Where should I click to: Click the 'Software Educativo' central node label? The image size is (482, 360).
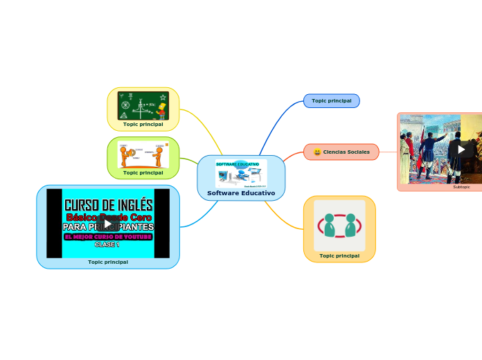pos(241,193)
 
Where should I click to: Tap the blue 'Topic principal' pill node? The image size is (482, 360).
pos(331,101)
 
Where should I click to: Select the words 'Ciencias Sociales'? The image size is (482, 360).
pos(346,152)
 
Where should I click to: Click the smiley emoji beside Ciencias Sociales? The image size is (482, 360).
pos(317,152)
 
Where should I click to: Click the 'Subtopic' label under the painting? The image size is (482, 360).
pos(461,187)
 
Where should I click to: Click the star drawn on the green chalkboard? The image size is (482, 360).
pos(163,97)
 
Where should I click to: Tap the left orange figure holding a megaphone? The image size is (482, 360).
pos(125,155)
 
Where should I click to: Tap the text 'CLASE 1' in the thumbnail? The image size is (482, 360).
pos(107,244)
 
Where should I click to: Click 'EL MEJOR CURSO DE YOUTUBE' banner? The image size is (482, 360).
pos(107,236)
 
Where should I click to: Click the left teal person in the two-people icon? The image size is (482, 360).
pos(330,225)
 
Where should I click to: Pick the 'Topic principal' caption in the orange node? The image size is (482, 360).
pos(339,255)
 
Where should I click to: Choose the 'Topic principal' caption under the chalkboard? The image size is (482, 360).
pos(143,125)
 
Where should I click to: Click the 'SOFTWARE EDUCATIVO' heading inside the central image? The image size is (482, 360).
pos(238,164)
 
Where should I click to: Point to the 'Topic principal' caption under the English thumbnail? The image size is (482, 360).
pos(108,262)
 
